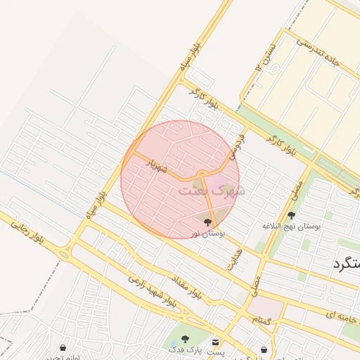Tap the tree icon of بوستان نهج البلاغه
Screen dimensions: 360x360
[292, 215]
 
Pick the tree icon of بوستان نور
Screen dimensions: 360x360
[207, 221]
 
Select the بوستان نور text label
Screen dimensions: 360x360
[207, 233]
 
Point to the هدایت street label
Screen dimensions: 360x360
[233, 259]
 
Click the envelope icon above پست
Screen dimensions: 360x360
[215, 340]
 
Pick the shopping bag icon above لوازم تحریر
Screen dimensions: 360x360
[64, 347]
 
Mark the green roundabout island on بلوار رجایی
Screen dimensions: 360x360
[64, 255]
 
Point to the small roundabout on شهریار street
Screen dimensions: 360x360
[202, 172]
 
